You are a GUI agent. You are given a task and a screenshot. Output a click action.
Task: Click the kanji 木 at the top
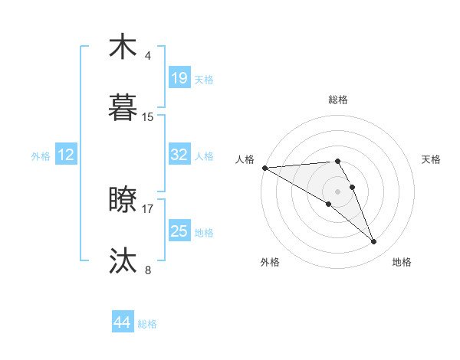point(123,47)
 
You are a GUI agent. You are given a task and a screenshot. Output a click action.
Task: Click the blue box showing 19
point(179,78)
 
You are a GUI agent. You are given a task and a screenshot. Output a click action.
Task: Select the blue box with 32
point(179,155)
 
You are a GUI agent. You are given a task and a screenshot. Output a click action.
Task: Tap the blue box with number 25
point(179,231)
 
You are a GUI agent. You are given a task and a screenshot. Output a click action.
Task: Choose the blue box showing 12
point(66,155)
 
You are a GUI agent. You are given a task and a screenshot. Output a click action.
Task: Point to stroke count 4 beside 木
point(148,56)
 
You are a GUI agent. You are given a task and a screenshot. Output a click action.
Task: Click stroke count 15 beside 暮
point(148,117)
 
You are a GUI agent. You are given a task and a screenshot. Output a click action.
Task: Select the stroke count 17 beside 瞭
point(148,208)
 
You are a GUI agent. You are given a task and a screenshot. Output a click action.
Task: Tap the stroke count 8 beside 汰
point(148,270)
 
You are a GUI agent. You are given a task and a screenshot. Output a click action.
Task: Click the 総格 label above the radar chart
point(338,100)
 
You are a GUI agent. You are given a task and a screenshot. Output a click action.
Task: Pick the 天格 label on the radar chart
point(431,159)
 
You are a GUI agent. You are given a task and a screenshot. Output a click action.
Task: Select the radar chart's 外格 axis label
point(270,262)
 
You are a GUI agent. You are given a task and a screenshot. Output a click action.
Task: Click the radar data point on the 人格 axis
point(264,167)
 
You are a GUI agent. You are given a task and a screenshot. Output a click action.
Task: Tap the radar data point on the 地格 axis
point(374,241)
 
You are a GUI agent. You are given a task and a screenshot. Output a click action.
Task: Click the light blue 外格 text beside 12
point(41,155)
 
